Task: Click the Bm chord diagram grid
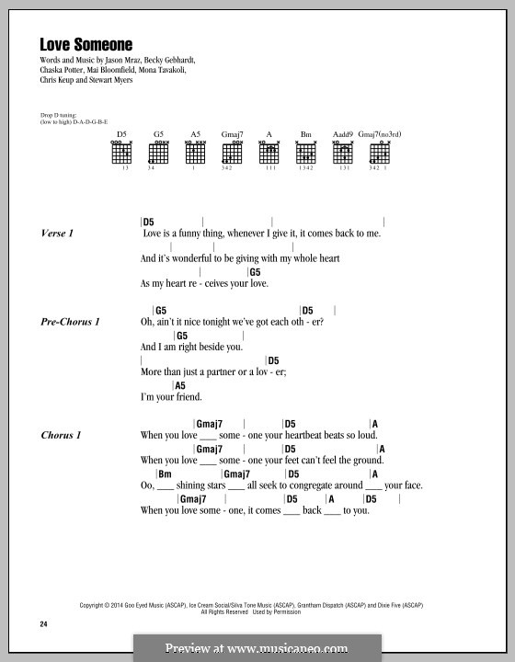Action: point(306,154)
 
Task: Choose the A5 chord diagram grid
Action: point(194,154)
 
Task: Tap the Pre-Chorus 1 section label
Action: point(70,322)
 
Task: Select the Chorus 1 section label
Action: point(62,434)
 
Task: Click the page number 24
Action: point(43,626)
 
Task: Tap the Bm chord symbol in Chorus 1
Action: point(166,474)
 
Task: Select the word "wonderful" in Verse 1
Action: point(191,260)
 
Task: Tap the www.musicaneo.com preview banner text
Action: point(257,648)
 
